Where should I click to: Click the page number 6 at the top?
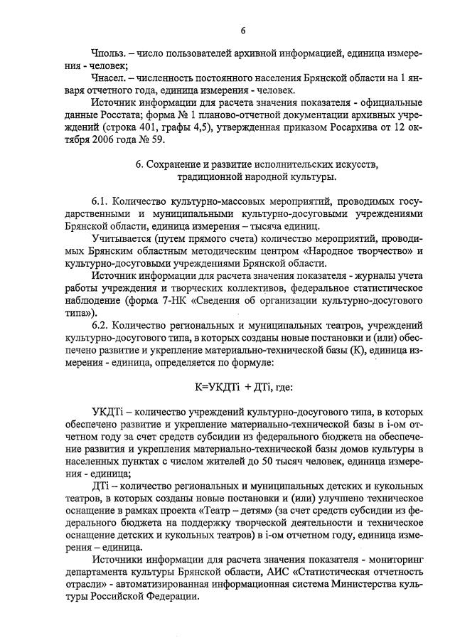(242, 30)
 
